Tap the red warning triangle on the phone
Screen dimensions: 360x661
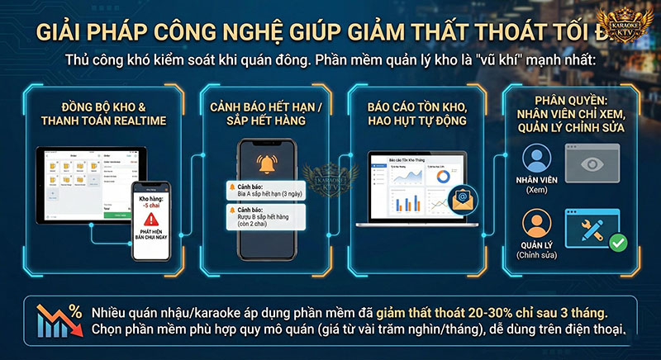[x=150, y=220]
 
